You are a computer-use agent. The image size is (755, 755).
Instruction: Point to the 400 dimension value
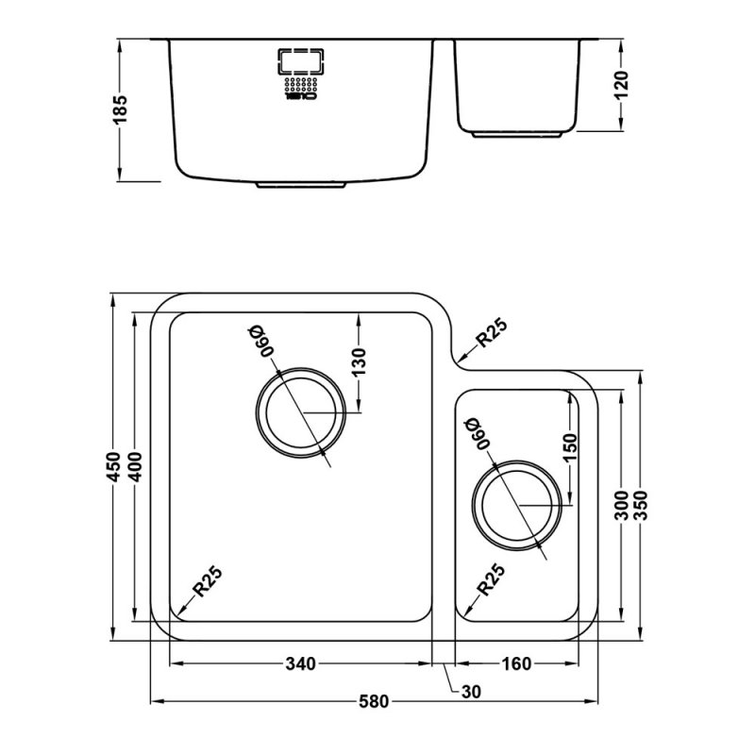138,467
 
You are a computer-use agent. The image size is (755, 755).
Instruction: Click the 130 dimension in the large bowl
360,361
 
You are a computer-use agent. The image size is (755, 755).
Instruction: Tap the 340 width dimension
299,664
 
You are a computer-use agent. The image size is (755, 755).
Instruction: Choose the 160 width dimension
515,664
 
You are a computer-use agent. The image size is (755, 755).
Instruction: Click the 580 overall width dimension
374,702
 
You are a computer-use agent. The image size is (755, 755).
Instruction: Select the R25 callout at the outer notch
491,334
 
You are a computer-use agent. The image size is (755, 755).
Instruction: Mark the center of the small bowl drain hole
514,505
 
